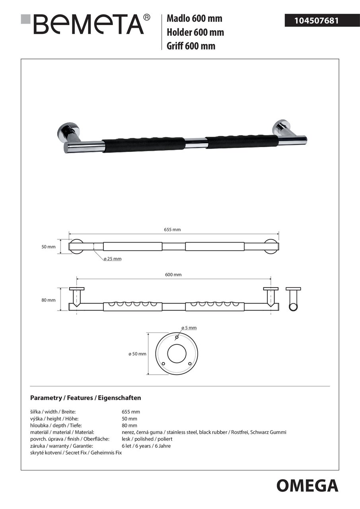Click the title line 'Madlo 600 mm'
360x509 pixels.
pos(194,18)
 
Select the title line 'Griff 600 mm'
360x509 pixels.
pos(191,46)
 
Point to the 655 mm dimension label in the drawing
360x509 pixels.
pos(172,229)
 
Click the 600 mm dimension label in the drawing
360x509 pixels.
pos(173,275)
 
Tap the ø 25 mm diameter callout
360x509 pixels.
pos(112,259)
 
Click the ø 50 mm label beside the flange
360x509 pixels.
pos(137,354)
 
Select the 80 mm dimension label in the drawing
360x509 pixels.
pos(49,300)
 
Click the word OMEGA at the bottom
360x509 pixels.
pos(307,486)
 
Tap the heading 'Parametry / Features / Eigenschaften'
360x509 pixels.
pos(86,398)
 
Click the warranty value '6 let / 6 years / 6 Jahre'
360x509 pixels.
pos(146,446)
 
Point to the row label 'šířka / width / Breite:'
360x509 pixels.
pos(53,412)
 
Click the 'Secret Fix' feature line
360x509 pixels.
pos(76,453)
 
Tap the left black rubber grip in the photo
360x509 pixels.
pos(143,144)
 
